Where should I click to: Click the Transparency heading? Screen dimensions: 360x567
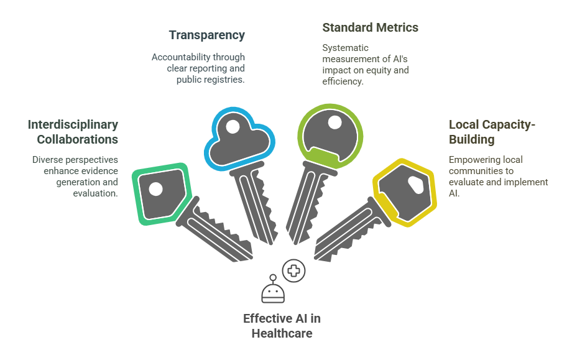point(207,35)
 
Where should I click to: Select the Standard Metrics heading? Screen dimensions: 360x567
point(370,28)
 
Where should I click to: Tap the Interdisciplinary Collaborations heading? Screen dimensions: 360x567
point(73,132)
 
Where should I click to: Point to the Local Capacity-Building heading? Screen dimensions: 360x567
point(492,132)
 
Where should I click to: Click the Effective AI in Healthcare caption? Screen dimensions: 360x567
point(282,326)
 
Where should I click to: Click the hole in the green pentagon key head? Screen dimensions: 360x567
point(155,188)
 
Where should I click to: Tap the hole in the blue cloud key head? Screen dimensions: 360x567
point(233,127)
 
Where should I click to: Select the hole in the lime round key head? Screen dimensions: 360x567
point(335,122)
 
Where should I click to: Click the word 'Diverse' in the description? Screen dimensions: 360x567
point(47,160)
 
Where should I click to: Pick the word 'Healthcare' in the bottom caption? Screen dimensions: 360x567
point(282,333)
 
